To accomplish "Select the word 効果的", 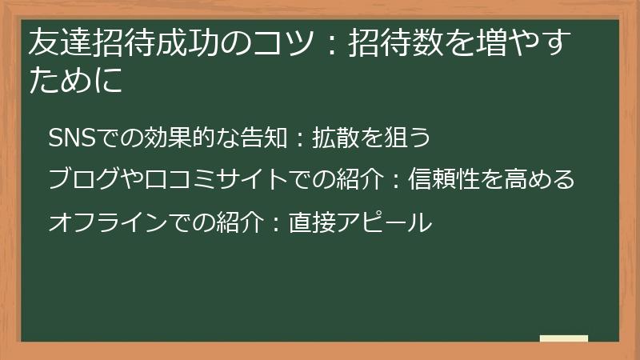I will click(167, 138).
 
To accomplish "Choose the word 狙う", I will click(408, 138).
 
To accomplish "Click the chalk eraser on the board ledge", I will click(563, 338).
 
